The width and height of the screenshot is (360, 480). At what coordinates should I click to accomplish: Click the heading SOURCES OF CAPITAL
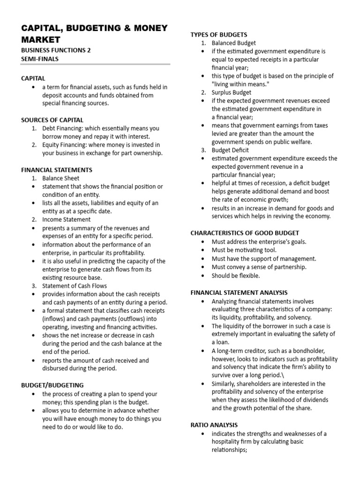pyautogui.click(x=52, y=120)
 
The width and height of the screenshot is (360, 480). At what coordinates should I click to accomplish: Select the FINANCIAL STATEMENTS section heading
pyautogui.click(x=56, y=170)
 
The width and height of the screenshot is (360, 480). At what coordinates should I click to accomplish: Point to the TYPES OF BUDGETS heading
pyautogui.click(x=218, y=35)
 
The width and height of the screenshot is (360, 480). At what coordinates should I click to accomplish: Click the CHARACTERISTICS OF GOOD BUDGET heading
pyautogui.click(x=244, y=233)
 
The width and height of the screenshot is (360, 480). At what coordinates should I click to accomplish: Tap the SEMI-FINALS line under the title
pyautogui.click(x=40, y=59)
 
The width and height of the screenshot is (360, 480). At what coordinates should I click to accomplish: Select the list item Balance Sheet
pyautogui.click(x=61, y=178)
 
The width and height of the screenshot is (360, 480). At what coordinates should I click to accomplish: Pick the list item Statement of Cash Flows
pyautogui.click(x=75, y=285)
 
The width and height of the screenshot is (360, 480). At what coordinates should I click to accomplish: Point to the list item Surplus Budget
pyautogui.click(x=232, y=92)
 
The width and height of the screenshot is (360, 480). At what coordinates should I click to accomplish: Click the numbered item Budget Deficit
pyautogui.click(x=230, y=150)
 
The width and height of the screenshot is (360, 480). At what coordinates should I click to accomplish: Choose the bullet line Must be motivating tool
pyautogui.click(x=244, y=250)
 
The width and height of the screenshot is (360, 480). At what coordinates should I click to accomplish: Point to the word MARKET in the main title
pyautogui.click(x=41, y=39)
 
